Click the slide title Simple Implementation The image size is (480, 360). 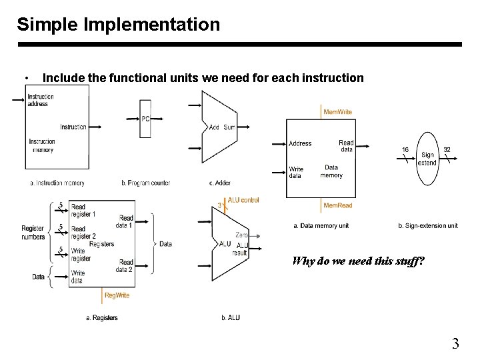[118, 25]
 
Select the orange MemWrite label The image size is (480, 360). [337, 112]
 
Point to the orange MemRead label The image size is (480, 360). [337, 205]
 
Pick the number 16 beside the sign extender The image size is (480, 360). [405, 150]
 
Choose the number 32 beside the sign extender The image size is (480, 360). [447, 150]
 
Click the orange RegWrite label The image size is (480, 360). [117, 295]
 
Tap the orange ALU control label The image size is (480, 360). [243, 200]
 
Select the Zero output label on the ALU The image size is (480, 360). [241, 235]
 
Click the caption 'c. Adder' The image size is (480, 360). [220, 183]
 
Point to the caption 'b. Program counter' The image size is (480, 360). [145, 183]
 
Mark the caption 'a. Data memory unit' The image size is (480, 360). [321, 225]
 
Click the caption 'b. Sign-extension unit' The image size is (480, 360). [427, 225]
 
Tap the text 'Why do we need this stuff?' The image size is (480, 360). [358, 261]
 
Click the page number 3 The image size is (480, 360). [455, 344]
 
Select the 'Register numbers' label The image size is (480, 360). [33, 233]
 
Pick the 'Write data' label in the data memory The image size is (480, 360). [296, 173]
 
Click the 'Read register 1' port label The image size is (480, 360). [83, 211]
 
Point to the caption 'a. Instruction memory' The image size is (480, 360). [57, 183]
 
